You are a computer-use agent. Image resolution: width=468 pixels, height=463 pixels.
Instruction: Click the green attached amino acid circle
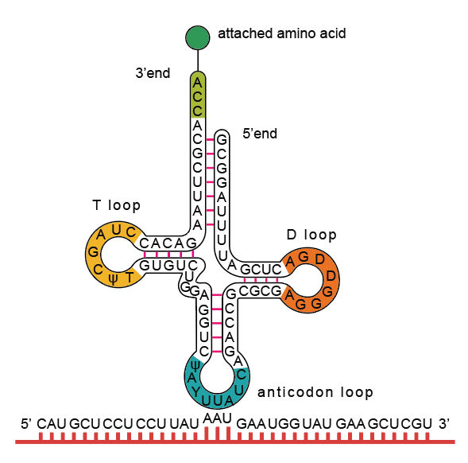198,37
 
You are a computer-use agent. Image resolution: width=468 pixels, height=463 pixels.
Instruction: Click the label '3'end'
153,73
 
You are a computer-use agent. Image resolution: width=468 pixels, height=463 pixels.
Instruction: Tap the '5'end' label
260,134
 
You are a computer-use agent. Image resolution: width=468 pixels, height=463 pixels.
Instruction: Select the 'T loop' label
116,205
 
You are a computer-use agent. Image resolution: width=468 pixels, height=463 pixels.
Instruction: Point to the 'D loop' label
311,235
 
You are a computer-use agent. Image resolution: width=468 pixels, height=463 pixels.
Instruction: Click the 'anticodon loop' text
315,392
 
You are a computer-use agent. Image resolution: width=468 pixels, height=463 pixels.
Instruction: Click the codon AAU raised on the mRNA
217,418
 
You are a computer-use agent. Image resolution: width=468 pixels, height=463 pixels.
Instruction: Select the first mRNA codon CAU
52,424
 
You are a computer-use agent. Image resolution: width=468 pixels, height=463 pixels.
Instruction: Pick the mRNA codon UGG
284,424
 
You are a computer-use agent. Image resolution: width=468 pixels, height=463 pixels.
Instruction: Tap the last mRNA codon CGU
416,424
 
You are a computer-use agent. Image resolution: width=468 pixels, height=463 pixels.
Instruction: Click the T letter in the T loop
130,278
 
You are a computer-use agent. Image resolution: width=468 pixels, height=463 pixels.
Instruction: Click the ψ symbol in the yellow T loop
113,279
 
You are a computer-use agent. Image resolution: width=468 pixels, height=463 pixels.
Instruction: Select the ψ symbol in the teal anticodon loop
195,365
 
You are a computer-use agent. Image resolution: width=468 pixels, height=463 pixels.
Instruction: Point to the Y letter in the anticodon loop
195,391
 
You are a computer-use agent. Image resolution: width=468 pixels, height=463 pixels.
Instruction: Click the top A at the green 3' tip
197,83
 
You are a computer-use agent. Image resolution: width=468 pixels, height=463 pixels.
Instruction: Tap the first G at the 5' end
222,140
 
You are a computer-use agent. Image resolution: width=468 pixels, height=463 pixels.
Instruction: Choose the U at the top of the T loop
116,230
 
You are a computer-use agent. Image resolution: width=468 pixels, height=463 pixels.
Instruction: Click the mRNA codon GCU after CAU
84,424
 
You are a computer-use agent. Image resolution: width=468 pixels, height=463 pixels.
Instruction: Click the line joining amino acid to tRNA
198,60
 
